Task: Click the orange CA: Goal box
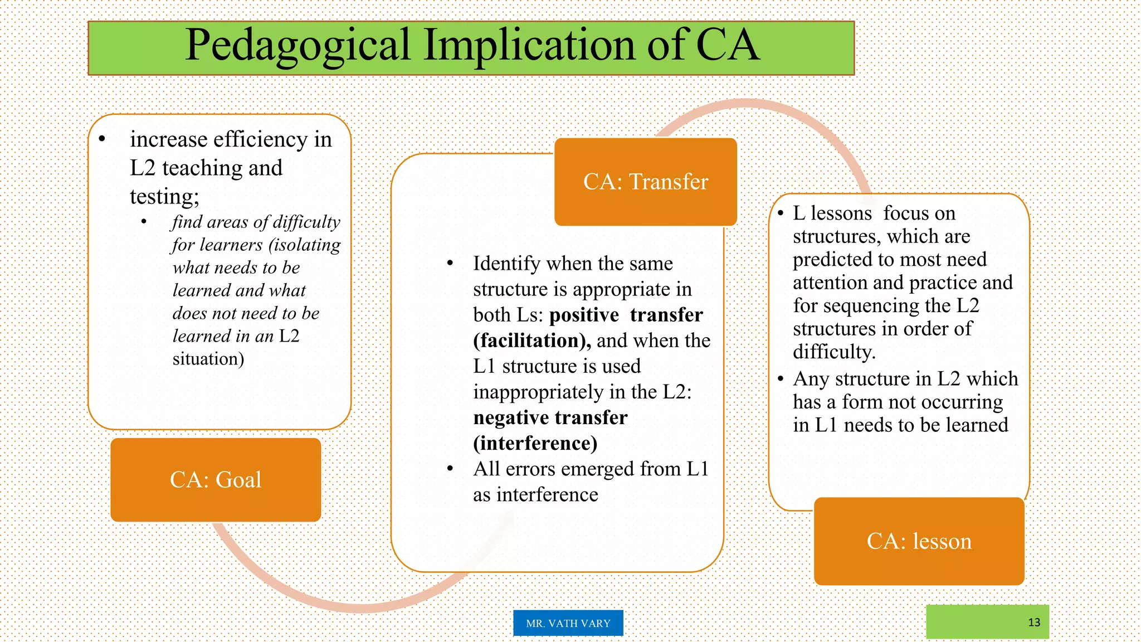click(x=216, y=480)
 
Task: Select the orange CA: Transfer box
click(x=645, y=182)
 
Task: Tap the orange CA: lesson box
click(x=919, y=541)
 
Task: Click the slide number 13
click(x=1034, y=622)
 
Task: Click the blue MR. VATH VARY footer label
click(x=568, y=623)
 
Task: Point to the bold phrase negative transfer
click(x=550, y=417)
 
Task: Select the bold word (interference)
click(x=535, y=443)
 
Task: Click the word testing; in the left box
click(x=164, y=197)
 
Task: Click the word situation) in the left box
click(x=208, y=359)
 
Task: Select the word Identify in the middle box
click(x=506, y=264)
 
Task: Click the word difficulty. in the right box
click(x=834, y=352)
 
